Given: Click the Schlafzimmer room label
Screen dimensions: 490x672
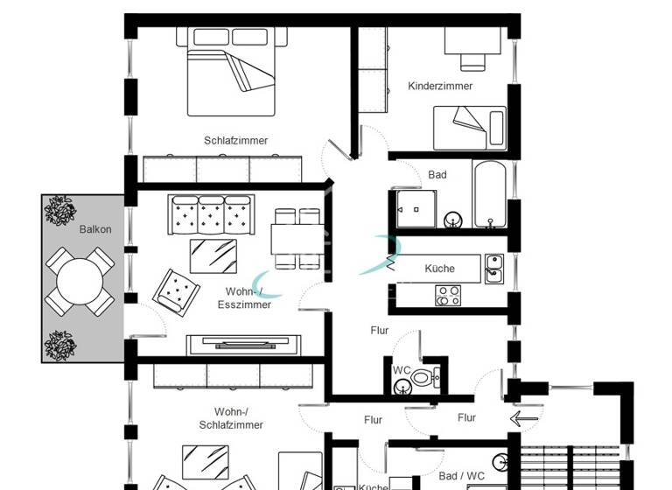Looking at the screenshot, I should [235, 140].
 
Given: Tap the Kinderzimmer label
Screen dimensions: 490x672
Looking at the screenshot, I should [440, 86].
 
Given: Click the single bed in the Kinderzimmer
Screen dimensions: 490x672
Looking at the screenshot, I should [470, 128].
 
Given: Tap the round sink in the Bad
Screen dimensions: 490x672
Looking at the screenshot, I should [453, 219].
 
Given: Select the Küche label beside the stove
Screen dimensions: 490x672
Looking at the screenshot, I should [439, 268].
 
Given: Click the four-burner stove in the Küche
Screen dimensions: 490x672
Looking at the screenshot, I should [448, 296].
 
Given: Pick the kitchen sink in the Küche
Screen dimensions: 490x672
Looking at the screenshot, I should [494, 268].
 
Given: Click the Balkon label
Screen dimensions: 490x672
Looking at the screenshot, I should [94, 228].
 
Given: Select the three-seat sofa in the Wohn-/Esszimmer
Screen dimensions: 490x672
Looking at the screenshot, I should [212, 213].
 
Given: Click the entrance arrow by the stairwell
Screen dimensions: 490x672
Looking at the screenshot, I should [525, 418].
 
